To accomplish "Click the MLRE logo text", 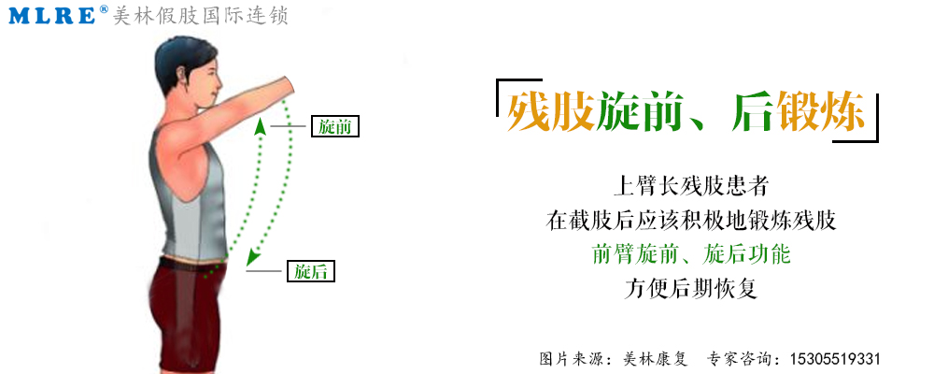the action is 52,15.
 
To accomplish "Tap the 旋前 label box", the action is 335,126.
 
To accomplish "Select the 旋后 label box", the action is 311,271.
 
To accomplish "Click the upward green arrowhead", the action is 260,125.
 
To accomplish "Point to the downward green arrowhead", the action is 253,257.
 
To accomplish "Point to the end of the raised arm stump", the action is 290,85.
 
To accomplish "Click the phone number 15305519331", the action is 834,359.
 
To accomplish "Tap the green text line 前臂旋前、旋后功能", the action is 691,254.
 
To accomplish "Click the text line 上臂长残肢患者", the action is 691,187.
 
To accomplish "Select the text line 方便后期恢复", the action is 691,289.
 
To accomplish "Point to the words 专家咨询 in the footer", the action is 738,359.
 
